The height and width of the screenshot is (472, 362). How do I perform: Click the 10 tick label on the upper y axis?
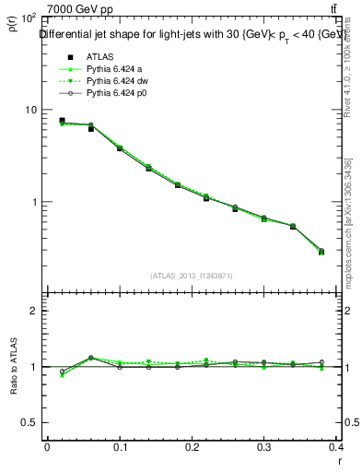[30, 110]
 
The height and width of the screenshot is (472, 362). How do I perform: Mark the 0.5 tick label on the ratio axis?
[30, 422]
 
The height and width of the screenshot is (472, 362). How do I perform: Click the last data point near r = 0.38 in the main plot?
[321, 252]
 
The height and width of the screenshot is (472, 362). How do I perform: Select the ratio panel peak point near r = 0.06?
[90, 358]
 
